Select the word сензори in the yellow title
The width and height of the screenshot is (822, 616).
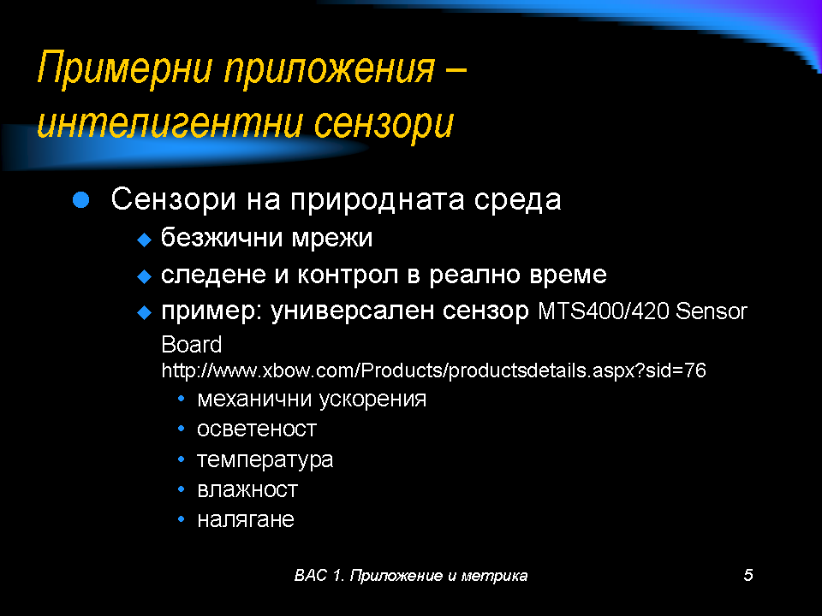click(384, 125)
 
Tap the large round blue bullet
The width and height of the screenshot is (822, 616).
click(80, 199)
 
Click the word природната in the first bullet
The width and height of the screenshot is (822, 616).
click(378, 200)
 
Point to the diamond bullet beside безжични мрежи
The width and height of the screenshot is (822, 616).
click(144, 240)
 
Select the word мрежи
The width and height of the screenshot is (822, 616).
click(332, 239)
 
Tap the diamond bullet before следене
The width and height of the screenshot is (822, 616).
click(144, 276)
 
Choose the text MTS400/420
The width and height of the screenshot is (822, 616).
click(604, 311)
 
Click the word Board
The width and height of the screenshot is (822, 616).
click(191, 345)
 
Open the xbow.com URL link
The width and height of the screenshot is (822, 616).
click(433, 370)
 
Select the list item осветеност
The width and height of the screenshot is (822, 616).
click(257, 429)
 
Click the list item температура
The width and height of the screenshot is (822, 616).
click(265, 460)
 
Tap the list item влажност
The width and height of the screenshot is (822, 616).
click(247, 489)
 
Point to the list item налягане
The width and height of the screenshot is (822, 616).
click(246, 520)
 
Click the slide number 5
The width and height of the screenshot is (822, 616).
click(748, 575)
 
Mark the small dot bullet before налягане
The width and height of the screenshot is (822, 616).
click(182, 519)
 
